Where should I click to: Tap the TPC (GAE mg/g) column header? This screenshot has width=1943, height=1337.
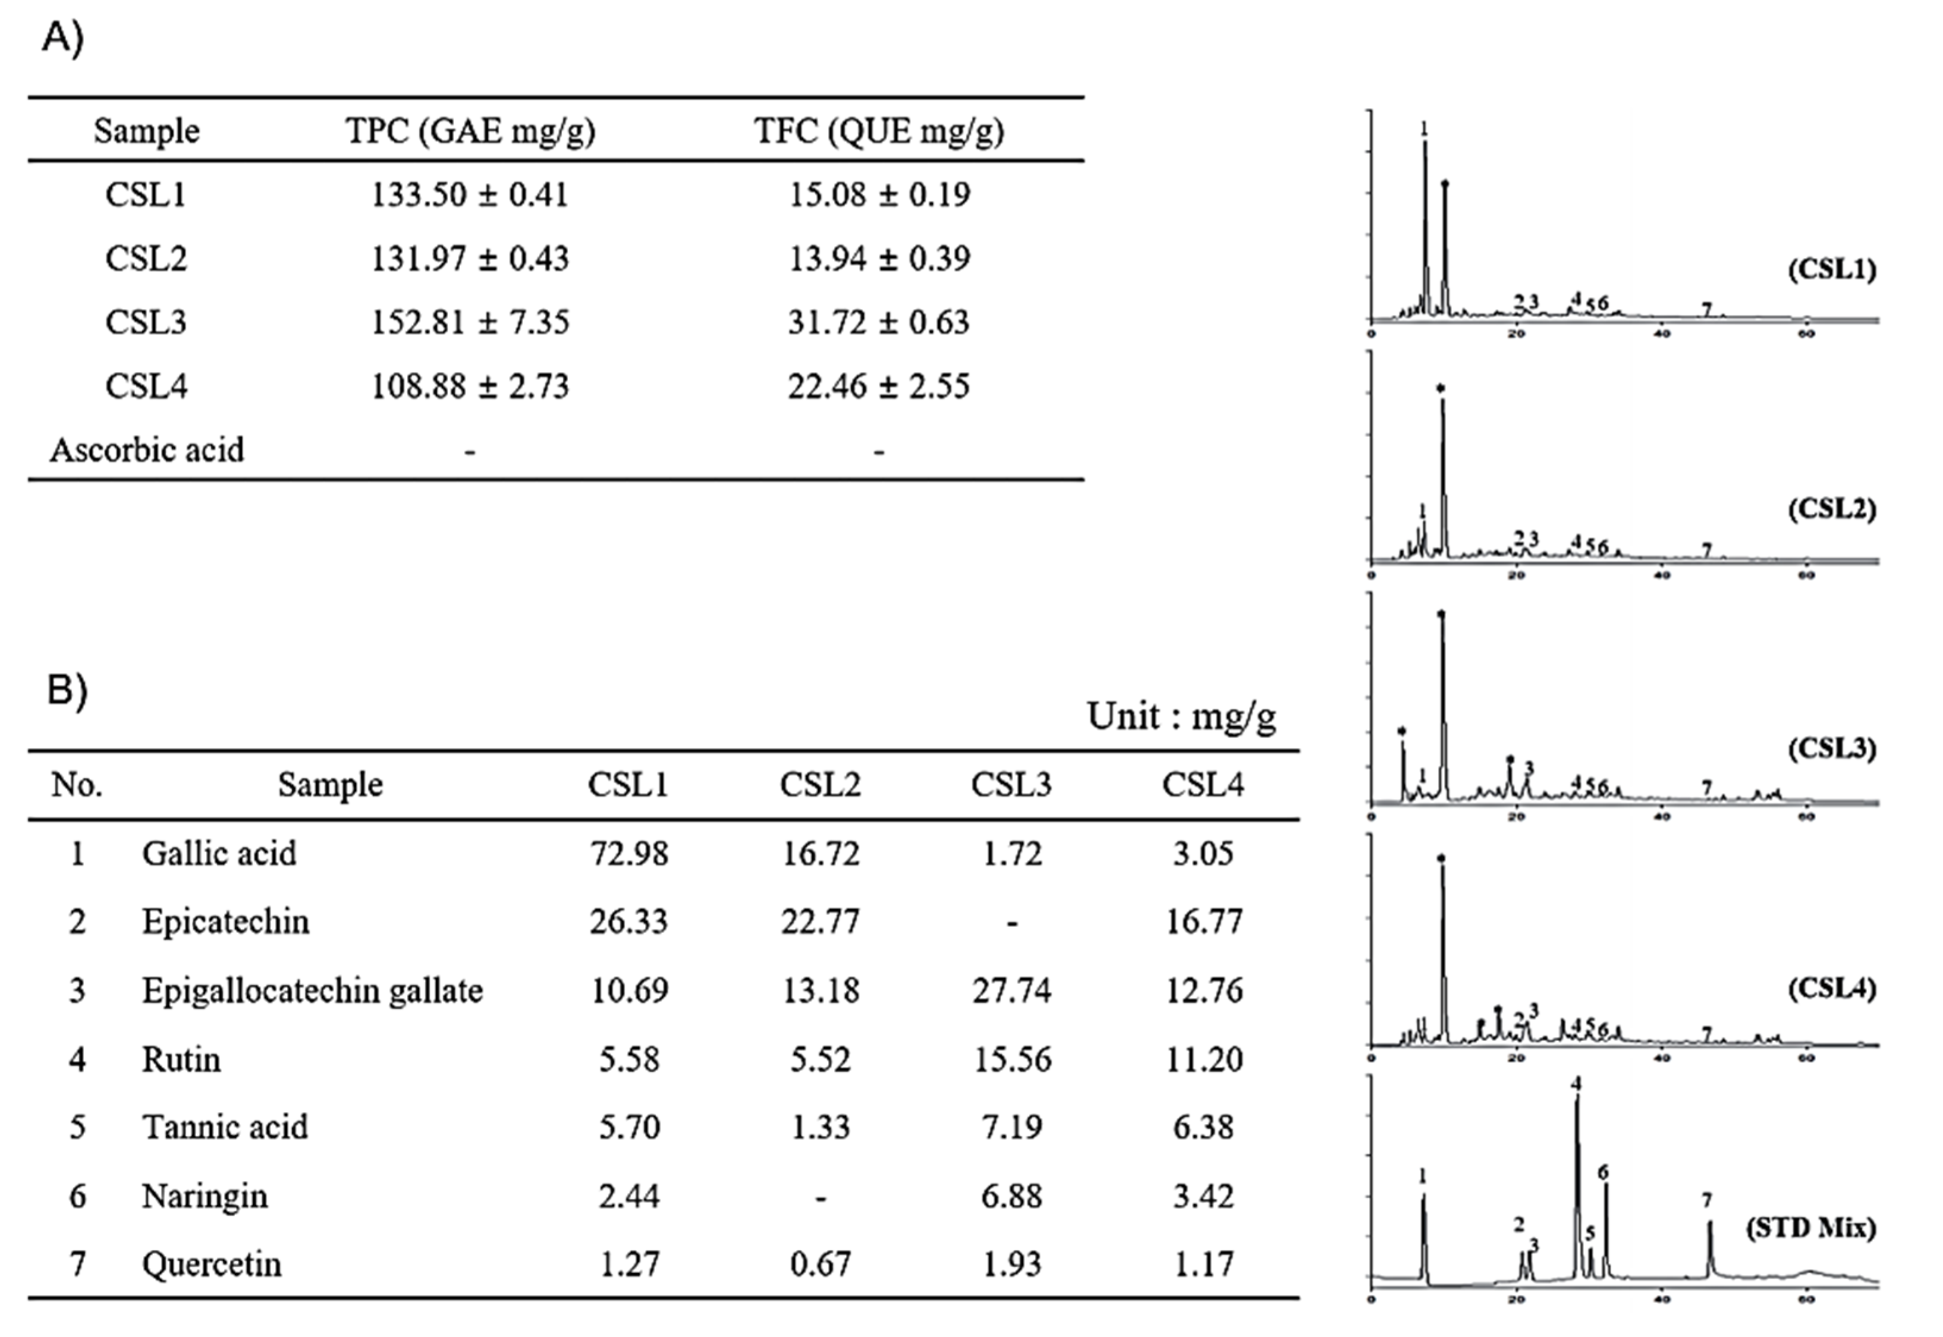coord(470,131)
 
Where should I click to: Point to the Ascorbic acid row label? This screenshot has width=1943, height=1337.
coord(147,451)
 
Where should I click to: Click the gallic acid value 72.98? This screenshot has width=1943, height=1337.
coord(628,854)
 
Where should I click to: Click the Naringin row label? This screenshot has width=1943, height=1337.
coord(205,1196)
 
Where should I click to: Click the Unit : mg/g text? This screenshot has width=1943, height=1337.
coord(1181,717)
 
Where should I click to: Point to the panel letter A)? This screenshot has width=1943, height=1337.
coord(63,37)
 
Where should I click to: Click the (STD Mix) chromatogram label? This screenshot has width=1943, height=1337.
coord(1810,1228)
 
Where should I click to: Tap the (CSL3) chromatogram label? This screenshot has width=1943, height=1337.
coord(1832,748)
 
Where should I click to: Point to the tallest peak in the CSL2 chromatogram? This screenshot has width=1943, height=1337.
coord(1442,402)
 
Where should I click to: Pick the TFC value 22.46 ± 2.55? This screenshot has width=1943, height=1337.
coord(878,387)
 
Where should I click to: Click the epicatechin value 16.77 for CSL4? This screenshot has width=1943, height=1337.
coord(1203,922)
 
